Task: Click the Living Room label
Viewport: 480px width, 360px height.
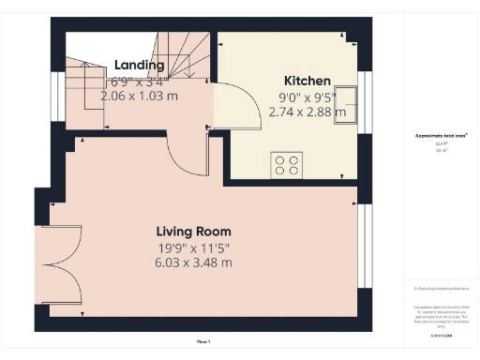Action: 193,231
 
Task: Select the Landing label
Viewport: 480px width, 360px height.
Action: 139,65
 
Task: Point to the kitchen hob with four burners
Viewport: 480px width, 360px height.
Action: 287,165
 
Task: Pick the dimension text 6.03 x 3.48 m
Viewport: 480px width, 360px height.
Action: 193,262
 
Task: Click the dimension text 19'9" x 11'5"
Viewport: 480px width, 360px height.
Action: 193,247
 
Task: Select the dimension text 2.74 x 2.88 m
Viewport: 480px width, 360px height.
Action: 307,111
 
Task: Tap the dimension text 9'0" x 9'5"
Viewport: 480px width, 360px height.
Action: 307,96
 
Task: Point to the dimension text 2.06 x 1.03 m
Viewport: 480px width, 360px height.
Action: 139,96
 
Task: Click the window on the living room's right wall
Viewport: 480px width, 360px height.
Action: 365,242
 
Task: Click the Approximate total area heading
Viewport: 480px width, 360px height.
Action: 441,136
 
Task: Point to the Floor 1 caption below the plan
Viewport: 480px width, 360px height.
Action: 203,340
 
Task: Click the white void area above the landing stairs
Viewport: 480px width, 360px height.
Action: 103,45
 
